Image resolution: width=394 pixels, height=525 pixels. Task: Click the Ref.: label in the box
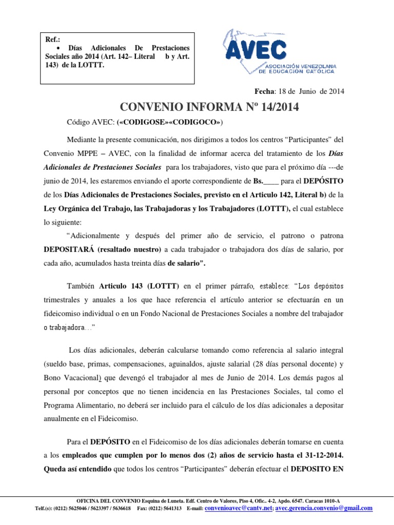52,38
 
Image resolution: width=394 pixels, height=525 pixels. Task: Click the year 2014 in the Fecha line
336,91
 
